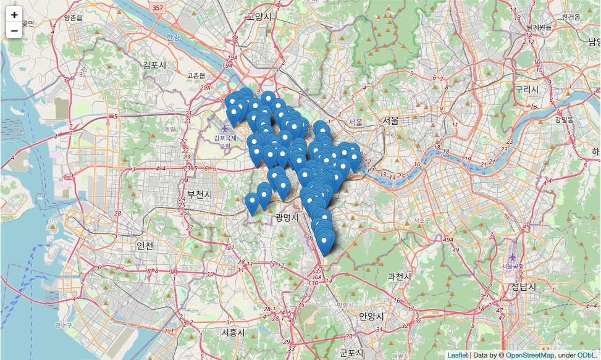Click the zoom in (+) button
point(14,15)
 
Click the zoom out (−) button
point(14,30)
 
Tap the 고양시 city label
point(259,17)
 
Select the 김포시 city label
point(154,65)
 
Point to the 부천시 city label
point(199,195)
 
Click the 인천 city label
point(145,245)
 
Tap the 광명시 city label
point(287,217)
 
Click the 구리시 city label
point(527,89)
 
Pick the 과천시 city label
point(399,277)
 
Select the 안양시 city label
point(371,316)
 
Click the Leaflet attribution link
point(458,355)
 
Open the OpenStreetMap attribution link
point(530,355)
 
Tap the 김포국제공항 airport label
point(225,142)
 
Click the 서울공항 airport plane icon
point(513,257)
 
